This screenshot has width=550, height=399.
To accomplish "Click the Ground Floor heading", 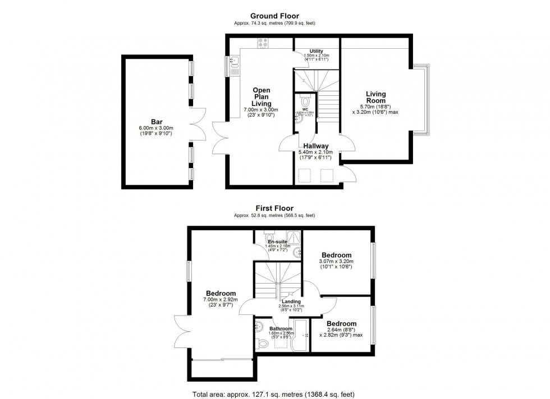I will (x=274, y=16).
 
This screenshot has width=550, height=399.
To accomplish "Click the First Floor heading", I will (x=274, y=208).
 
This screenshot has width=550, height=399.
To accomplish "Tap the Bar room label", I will (x=157, y=121).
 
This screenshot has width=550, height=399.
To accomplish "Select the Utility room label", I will (x=316, y=51).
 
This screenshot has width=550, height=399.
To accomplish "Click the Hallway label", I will (x=316, y=146).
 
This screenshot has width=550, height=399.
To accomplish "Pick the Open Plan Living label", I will (x=262, y=97).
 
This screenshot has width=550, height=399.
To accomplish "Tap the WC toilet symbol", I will (x=305, y=101).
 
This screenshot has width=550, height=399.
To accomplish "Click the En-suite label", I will (x=277, y=242).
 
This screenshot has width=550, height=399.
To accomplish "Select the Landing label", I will (x=291, y=301).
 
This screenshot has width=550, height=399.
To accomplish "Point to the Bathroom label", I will (x=281, y=328).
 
